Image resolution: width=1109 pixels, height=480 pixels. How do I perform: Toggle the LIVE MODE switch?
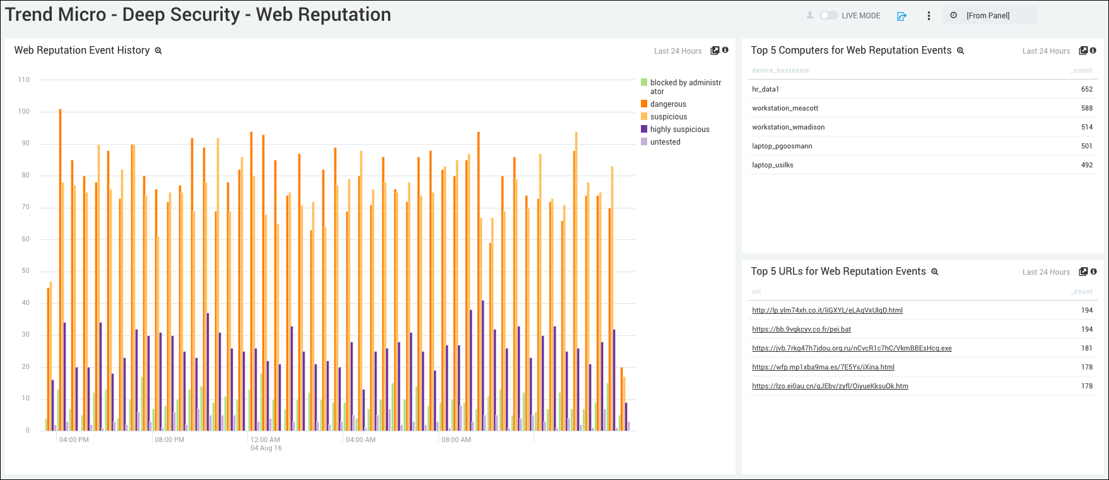click(828, 15)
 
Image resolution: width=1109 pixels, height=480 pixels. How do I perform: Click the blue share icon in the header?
click(901, 16)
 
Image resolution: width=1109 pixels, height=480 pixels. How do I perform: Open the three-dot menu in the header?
click(929, 16)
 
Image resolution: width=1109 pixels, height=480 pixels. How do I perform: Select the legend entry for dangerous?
click(668, 104)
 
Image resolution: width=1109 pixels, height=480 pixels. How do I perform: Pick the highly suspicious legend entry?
click(679, 129)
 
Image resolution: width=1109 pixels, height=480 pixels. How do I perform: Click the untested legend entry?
click(665, 142)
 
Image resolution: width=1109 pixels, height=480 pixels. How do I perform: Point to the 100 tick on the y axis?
click(24, 112)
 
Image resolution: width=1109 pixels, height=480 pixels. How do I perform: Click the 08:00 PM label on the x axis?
click(170, 440)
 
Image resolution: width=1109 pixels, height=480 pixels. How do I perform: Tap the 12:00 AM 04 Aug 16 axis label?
click(266, 443)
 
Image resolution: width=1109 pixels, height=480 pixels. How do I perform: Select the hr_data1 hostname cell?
click(766, 89)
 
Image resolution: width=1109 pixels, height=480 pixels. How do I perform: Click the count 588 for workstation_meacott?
click(1086, 108)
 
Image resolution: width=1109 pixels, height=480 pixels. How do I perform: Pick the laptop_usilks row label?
click(773, 165)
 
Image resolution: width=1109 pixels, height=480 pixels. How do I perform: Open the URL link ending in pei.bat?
click(801, 329)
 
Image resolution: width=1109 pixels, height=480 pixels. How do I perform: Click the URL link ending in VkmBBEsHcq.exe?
click(852, 348)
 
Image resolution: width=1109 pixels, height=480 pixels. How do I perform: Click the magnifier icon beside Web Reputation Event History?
click(158, 51)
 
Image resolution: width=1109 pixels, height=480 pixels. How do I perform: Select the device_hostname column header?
click(780, 71)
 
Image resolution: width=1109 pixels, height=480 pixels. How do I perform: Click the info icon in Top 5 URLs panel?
click(1093, 272)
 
